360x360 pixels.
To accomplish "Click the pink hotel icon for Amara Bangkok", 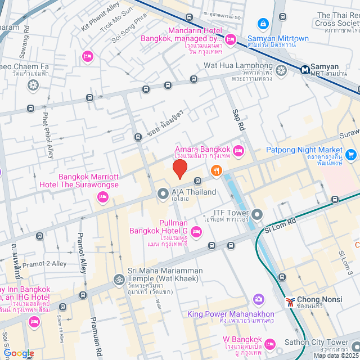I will [x=238, y=150].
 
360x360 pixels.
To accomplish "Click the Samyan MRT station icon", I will [x=304, y=70].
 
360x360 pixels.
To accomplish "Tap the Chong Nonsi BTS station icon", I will [x=290, y=301].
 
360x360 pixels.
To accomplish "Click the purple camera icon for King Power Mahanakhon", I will [x=259, y=299].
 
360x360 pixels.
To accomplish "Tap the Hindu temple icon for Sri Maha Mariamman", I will [x=119, y=279].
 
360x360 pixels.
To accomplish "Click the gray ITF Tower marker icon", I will [x=257, y=214].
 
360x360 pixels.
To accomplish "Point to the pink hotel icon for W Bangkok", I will [x=270, y=343].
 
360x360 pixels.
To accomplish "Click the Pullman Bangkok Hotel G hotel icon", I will [x=196, y=231].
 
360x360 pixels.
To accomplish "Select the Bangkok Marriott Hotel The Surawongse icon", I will [x=102, y=196].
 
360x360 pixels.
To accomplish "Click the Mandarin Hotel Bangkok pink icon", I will [x=230, y=39].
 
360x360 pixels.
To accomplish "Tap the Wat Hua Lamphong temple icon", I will [x=282, y=70].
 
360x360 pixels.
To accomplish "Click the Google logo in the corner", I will [x=18, y=353].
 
